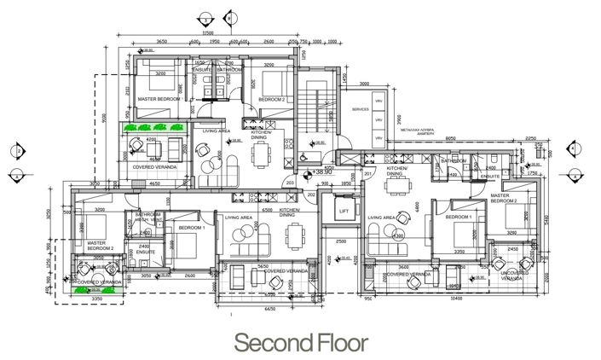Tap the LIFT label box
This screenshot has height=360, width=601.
344,211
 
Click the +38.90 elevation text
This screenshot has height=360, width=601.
322,171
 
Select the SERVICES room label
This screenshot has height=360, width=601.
360,109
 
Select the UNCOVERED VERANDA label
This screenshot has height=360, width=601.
514,276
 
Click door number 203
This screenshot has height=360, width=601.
289,183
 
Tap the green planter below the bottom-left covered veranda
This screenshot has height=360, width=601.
86,291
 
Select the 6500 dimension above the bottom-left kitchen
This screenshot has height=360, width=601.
267,208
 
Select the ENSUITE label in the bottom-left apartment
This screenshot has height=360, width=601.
139,253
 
